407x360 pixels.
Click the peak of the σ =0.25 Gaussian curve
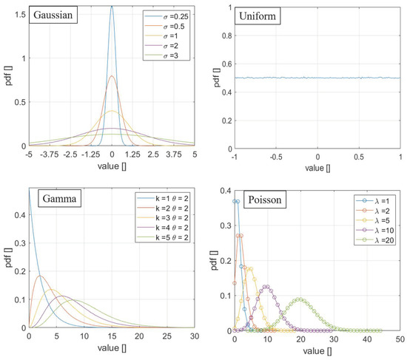[112, 7]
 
